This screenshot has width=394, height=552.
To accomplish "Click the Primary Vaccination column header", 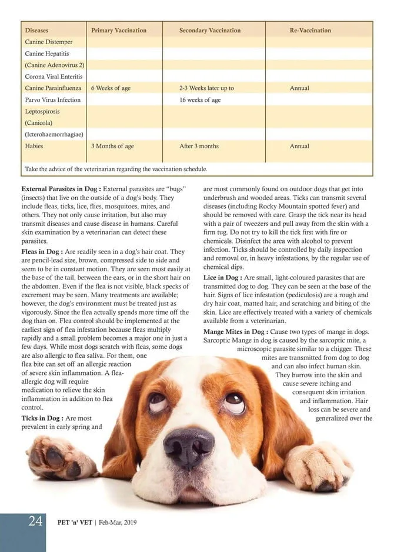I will coord(119,30).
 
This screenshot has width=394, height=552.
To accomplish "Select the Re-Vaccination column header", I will coord(310,30).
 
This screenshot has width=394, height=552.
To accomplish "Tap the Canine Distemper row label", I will coord(49,42).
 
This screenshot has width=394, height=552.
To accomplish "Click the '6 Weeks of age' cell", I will coord(111,88).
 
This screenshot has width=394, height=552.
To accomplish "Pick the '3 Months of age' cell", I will coord(112,146).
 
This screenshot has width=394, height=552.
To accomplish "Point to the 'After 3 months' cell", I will coord(199,146).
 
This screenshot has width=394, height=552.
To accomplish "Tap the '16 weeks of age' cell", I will coord(200,99).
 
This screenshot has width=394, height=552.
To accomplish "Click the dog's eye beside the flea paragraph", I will coord(157,403).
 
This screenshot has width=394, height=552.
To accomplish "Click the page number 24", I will coord(35,521).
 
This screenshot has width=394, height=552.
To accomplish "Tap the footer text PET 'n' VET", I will coord(75,522).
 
